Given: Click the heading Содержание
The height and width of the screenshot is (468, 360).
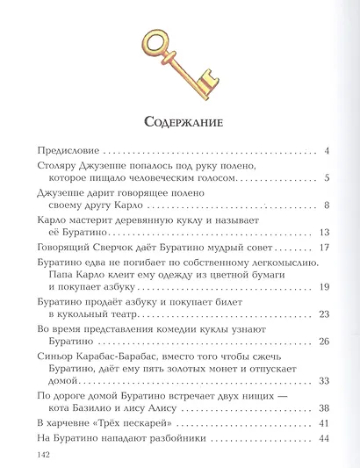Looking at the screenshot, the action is [180, 120].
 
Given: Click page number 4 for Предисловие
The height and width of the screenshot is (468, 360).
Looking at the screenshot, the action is [326, 150].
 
